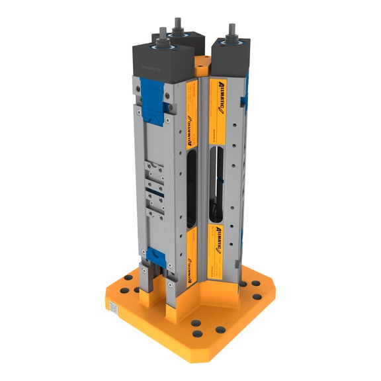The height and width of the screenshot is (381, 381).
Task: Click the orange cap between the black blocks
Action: pyautogui.click(x=201, y=65)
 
